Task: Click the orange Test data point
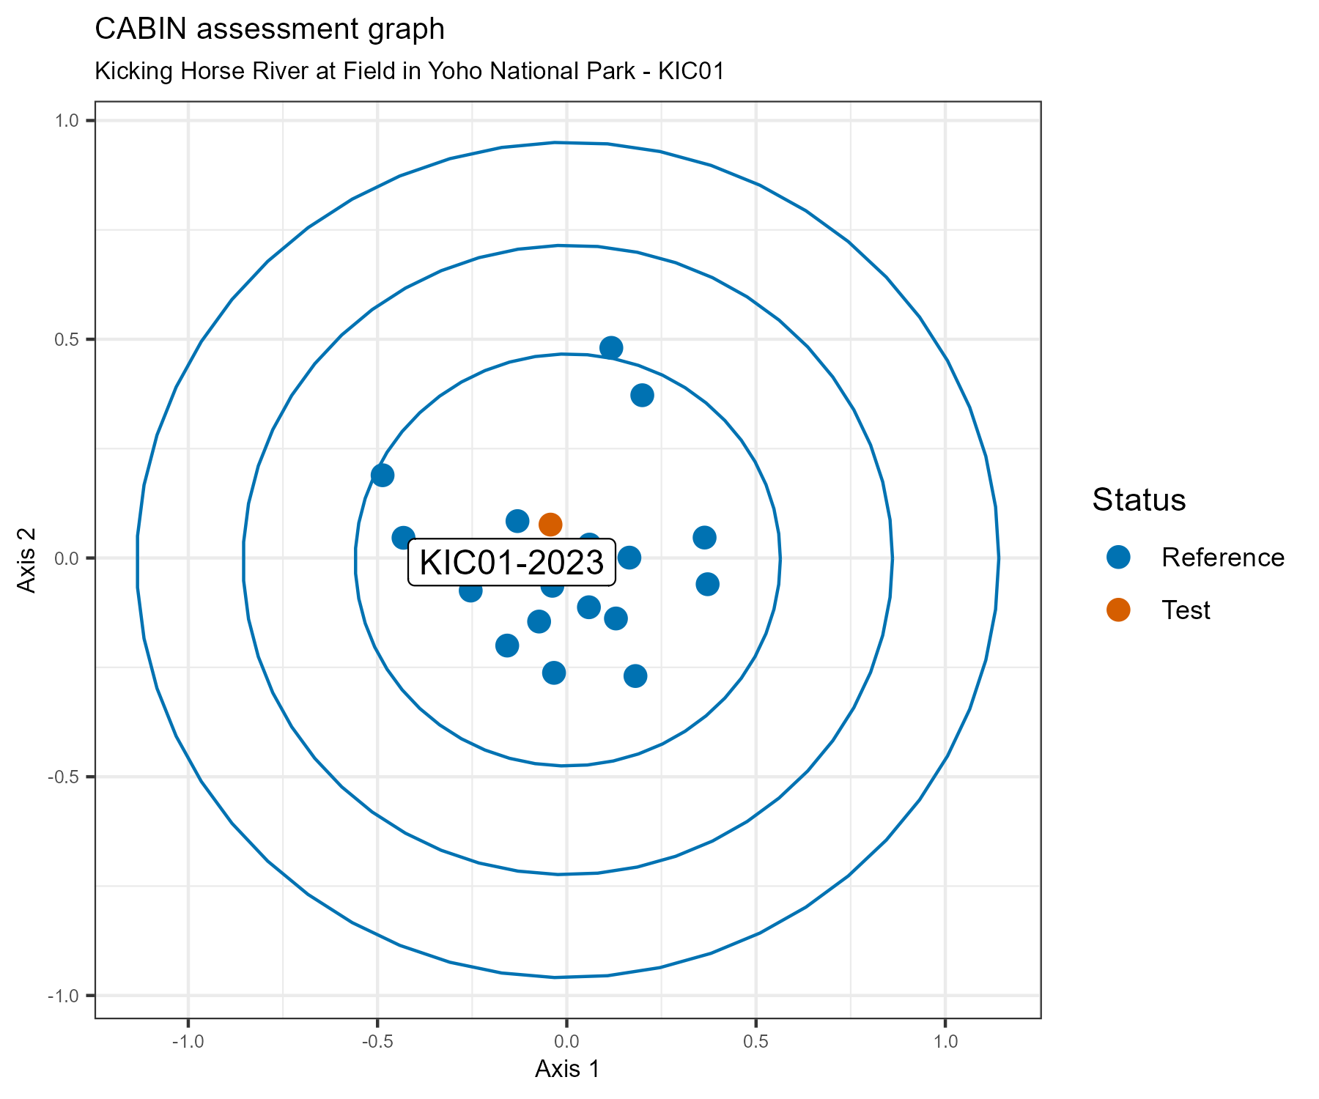pos(550,525)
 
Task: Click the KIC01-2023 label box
pos(511,563)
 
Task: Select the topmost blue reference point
pos(611,348)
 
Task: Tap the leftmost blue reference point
pos(383,476)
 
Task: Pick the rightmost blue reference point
pos(707,584)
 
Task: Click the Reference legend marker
pos(1118,558)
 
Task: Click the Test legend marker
pos(1118,610)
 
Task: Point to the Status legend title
pos(1139,500)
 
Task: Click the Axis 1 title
pos(567,1069)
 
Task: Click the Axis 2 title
pos(27,558)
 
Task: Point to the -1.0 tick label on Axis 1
pos(188,1043)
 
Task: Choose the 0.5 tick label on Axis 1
pos(755,1043)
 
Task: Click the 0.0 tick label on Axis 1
pos(566,1043)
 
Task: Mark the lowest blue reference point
pos(635,676)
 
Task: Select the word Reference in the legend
pos(1222,558)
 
